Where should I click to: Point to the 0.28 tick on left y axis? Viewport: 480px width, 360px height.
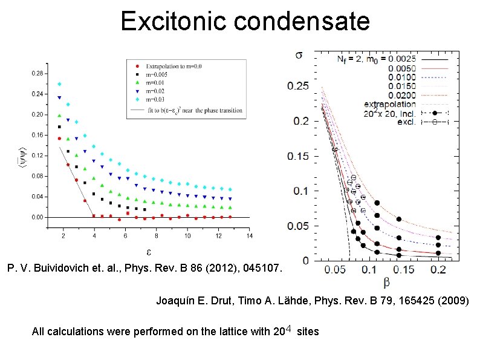tap(37, 73)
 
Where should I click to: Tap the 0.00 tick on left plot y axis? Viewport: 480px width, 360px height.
tap(37, 217)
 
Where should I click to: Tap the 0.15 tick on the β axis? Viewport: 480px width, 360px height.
tap(400, 269)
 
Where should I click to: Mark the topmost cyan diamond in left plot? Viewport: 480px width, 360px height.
tap(59, 84)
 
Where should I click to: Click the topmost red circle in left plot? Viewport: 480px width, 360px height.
tap(59, 139)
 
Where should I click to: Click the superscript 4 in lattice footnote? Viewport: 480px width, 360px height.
tap(289, 329)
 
